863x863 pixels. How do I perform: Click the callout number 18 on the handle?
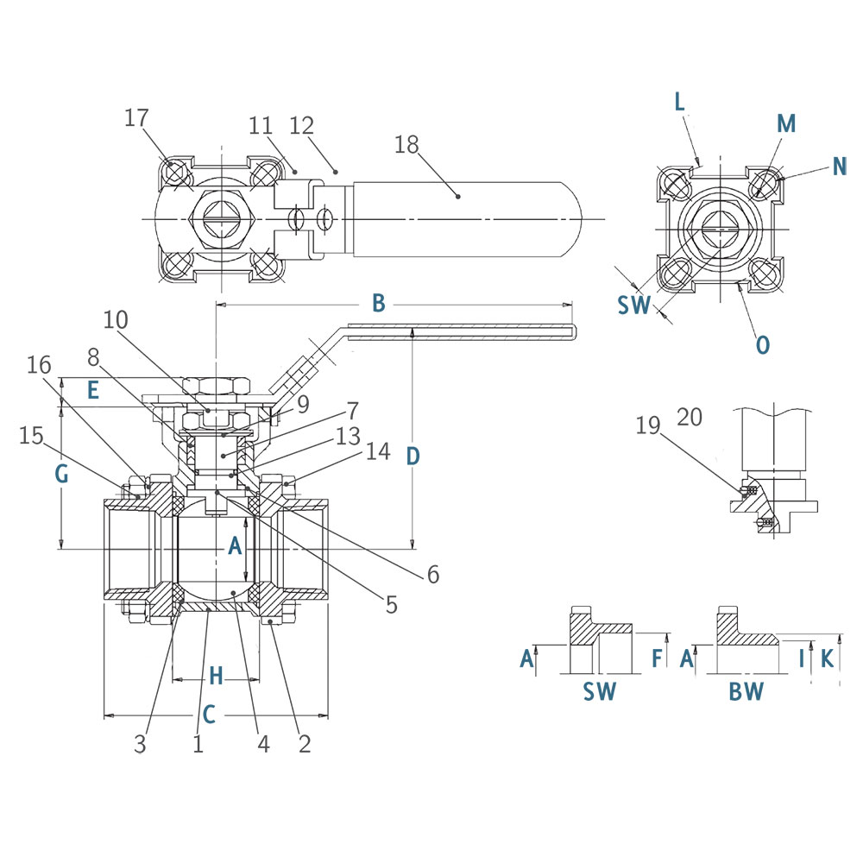click(x=406, y=144)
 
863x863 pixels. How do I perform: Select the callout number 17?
click(x=136, y=117)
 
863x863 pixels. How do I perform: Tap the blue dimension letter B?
click(x=378, y=303)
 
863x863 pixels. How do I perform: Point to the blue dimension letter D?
click(x=413, y=455)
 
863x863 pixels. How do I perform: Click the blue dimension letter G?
click(x=60, y=473)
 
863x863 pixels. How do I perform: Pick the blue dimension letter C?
click(x=209, y=714)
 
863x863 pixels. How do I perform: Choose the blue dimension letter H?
click(x=216, y=676)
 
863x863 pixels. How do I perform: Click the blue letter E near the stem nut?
click(x=92, y=390)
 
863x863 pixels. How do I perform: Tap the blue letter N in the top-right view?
click(x=840, y=165)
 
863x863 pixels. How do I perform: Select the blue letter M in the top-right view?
click(x=785, y=123)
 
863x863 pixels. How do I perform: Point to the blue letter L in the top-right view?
click(x=680, y=102)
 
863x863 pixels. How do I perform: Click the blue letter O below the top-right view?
click(x=762, y=344)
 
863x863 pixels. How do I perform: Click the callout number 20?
click(x=690, y=418)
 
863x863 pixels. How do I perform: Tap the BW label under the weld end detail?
click(x=746, y=690)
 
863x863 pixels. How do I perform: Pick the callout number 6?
click(x=433, y=572)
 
